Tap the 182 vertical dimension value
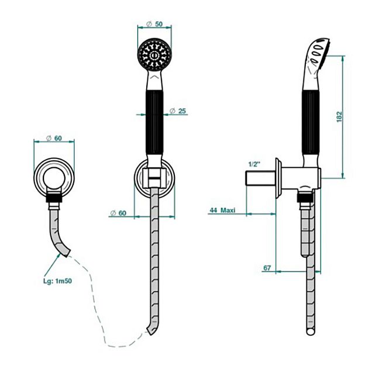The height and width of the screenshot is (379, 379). coord(340,116)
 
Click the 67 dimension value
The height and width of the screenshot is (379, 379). coord(267,268)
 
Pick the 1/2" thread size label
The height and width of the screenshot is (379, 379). coord(254,165)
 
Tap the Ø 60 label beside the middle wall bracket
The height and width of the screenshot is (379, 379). coord(118,213)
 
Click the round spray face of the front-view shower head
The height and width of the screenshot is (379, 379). coord(154,54)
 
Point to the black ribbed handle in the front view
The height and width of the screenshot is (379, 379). coord(154,124)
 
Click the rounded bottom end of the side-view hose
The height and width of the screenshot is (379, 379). coord(311,332)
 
